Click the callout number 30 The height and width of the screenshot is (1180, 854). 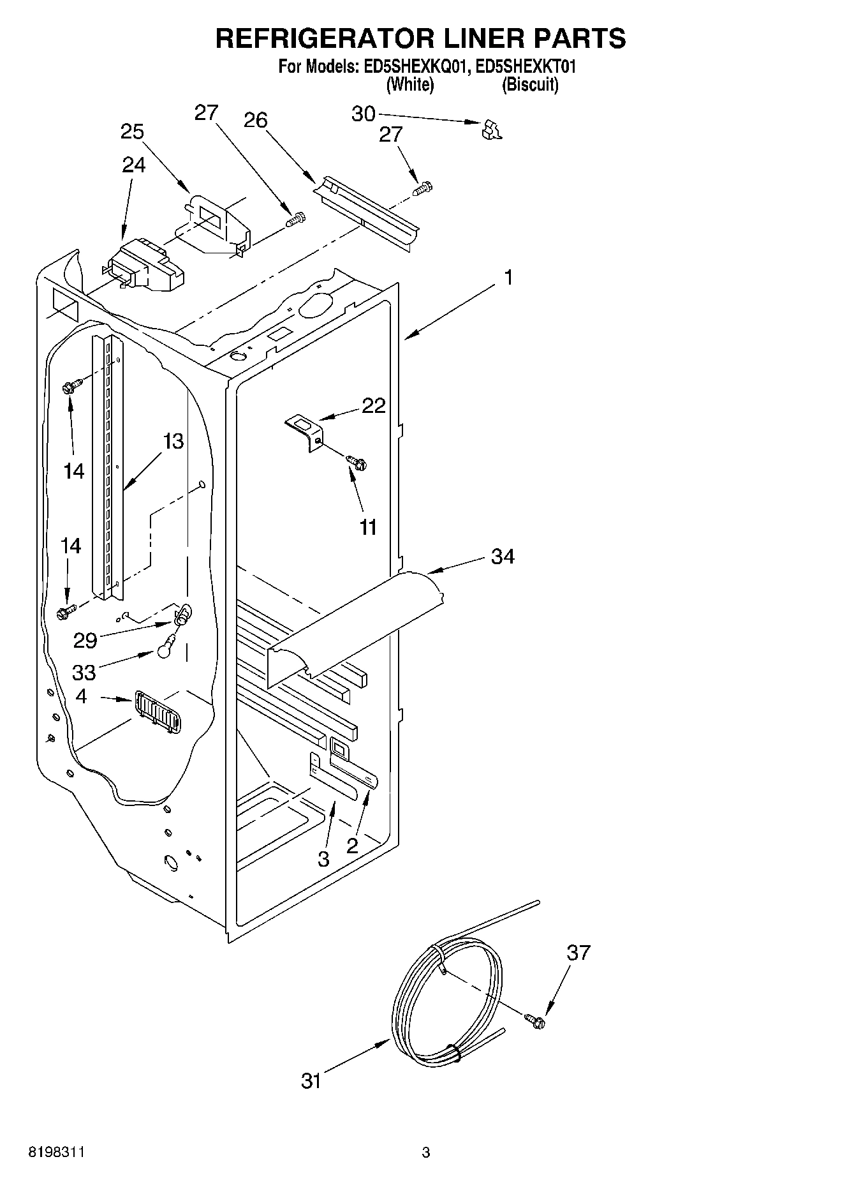coord(363,114)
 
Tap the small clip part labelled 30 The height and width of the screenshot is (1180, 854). coord(490,129)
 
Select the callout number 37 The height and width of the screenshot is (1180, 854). coord(578,953)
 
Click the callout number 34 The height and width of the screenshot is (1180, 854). coord(502,556)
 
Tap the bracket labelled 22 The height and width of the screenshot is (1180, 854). coord(305,431)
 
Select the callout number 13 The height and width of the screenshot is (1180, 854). coord(173,441)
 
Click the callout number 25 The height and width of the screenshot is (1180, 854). coord(132,131)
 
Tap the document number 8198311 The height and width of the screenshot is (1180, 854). coord(56,1152)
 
